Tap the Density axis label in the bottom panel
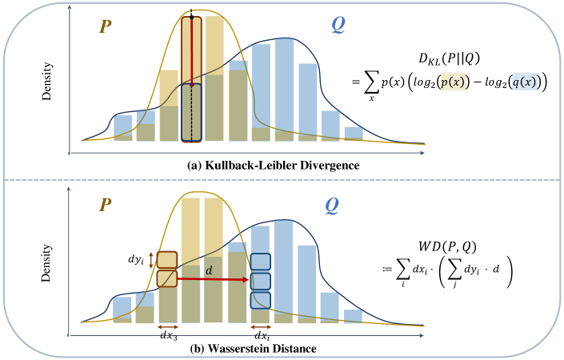click(46, 266)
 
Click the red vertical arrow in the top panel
click(191, 49)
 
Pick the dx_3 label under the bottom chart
click(167, 336)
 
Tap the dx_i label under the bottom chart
click(261, 336)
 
